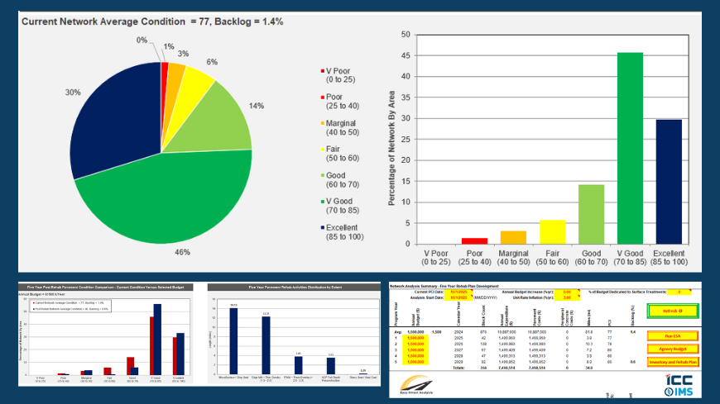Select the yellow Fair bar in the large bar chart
551,231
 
